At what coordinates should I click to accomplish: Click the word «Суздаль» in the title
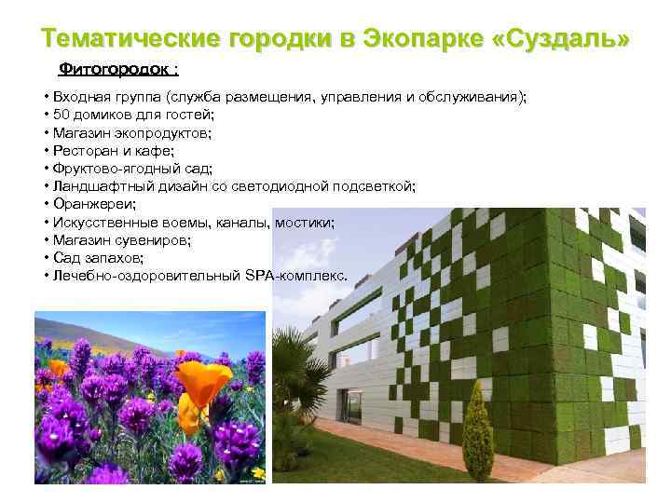[x=568, y=39]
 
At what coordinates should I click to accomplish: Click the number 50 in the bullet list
[x=62, y=115]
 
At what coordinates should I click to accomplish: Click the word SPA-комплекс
[x=308, y=277]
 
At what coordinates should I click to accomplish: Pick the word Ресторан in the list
[x=82, y=150]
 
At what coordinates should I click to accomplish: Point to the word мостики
[x=307, y=223]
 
